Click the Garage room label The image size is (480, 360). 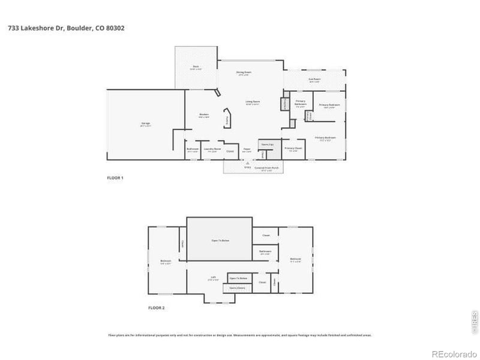coord(145,124)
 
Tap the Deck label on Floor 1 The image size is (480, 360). coord(196,67)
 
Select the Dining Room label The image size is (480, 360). coord(243,73)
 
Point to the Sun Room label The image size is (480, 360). coord(314,80)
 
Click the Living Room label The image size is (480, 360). coord(252,103)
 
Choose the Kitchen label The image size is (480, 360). coord(203,115)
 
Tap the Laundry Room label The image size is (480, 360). coord(210,149)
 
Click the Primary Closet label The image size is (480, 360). coord(293,149)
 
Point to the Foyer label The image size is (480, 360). coord(247,150)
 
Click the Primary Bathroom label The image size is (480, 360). coord(301,103)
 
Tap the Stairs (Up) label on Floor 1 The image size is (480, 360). coord(267,145)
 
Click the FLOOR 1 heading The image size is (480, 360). coord(115,178)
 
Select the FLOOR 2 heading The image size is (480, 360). coord(156,308)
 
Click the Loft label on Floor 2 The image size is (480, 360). coord(211,278)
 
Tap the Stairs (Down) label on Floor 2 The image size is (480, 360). coord(238,289)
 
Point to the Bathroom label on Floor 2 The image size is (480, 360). coord(265,252)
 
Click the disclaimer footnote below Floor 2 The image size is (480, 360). coord(239,335)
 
